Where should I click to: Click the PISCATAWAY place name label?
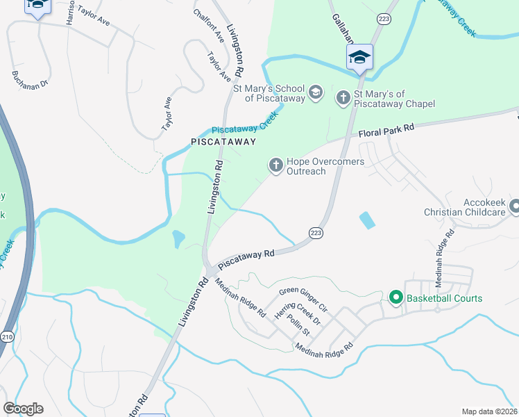tap(223, 142)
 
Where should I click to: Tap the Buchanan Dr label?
tap(30, 79)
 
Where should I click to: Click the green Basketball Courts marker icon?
tap(396, 298)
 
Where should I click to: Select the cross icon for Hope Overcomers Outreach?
tap(275, 165)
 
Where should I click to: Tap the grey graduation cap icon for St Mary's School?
tap(316, 92)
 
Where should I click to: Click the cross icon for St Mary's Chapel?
tap(343, 97)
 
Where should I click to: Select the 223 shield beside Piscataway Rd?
tap(316, 232)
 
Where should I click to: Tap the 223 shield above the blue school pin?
tap(383, 18)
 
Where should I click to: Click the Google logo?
tap(23, 409)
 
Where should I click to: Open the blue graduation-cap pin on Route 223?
tap(359, 57)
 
